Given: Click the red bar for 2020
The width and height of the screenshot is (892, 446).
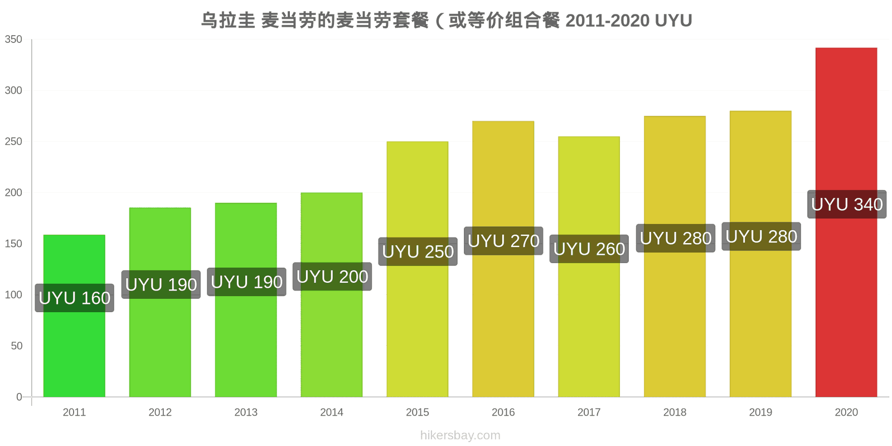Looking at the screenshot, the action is (846, 222).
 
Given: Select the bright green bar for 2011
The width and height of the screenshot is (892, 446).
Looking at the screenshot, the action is (74, 316).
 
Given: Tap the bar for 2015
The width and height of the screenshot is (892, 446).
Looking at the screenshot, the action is (418, 269).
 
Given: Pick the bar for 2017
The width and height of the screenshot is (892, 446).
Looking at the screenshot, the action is (589, 267).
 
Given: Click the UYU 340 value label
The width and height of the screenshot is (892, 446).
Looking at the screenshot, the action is (847, 204).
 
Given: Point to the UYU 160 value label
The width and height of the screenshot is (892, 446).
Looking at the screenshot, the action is (75, 298).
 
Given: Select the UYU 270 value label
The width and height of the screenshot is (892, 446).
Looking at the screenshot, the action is (503, 241).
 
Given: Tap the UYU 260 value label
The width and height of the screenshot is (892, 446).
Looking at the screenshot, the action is (589, 249).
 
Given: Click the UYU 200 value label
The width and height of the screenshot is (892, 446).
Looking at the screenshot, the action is (332, 277).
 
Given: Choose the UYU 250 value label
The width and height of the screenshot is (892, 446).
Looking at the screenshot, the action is (418, 251).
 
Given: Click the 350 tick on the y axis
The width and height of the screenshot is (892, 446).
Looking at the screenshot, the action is (13, 40).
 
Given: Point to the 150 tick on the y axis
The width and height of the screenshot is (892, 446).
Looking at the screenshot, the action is (13, 244).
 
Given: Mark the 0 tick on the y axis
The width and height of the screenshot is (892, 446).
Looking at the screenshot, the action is (19, 397).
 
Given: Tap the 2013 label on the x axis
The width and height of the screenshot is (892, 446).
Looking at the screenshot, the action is (246, 412).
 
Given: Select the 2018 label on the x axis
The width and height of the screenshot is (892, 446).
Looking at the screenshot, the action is (675, 412).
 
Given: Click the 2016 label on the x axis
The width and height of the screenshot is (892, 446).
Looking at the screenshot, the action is (503, 412).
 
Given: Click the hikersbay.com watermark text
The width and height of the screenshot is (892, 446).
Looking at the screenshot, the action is (460, 435).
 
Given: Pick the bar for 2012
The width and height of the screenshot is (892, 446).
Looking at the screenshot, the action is (160, 302).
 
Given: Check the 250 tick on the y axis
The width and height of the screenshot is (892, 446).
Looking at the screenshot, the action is (13, 142).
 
